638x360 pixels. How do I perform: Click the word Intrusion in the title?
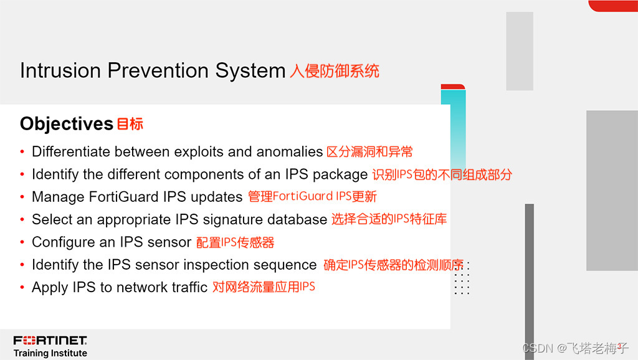60,70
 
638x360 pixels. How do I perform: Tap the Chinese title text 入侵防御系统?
335,71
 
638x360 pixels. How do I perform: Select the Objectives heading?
66,124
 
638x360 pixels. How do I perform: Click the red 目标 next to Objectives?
130,124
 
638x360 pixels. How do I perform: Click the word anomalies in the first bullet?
290,152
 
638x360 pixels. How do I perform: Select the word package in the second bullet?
340,175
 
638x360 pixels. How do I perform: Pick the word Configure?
63,242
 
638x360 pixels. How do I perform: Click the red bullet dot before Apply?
22,288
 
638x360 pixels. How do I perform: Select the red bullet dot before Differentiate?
22,152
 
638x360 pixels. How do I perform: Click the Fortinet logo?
50,340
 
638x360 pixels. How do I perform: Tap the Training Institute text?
50,353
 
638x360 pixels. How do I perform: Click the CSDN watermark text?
575,348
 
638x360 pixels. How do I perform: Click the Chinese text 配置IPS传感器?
235,242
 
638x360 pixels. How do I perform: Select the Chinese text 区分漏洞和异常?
369,152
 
